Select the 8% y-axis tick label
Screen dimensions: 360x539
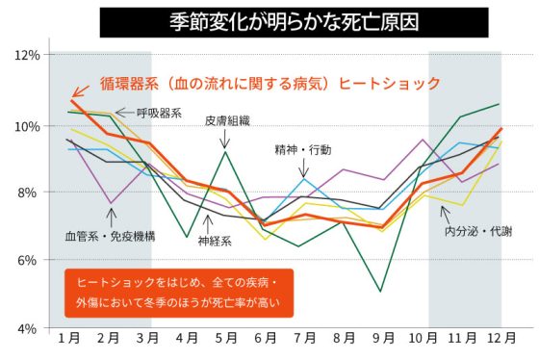[x=27, y=193]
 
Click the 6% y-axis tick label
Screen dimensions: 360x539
[x=27, y=260]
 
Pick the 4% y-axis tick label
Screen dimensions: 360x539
[x=27, y=328]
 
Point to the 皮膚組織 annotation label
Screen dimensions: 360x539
[x=227, y=121]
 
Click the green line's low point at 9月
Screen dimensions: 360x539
[x=382, y=291]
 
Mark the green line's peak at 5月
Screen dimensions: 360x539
[x=225, y=152]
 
